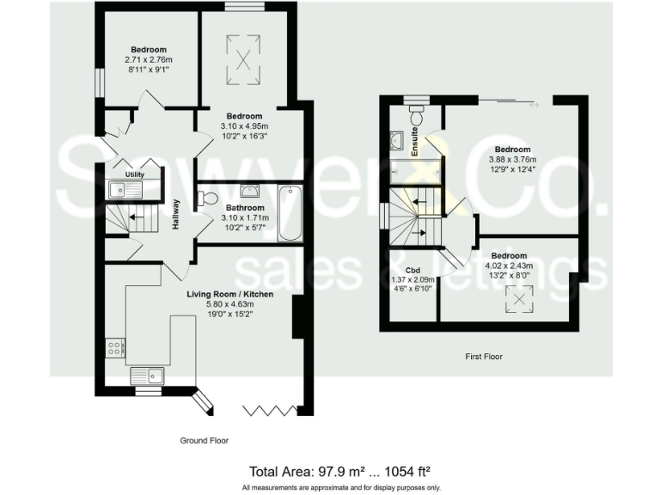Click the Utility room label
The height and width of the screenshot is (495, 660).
(x=134, y=174)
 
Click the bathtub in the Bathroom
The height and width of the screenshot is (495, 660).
(x=290, y=212)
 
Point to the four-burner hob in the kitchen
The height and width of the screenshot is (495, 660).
(x=114, y=347)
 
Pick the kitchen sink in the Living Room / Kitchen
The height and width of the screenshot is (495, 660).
(x=147, y=375)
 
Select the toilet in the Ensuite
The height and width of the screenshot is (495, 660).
(x=418, y=114)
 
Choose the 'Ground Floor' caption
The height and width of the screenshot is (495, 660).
(x=204, y=440)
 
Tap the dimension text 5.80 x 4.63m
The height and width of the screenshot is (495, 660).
(x=230, y=304)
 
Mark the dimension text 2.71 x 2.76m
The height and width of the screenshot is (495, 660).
(x=148, y=60)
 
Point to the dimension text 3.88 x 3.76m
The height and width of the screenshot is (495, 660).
(x=512, y=159)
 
